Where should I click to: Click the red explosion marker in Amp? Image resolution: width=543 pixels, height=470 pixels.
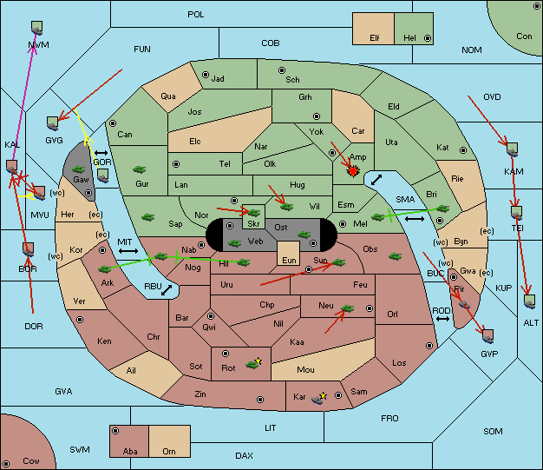pyautogui.click(x=353, y=171)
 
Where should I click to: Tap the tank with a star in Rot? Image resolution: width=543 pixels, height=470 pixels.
pyautogui.click(x=253, y=364)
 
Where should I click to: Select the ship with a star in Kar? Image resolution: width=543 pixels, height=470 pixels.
pyautogui.click(x=318, y=398)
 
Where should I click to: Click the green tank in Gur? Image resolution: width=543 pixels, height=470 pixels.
pyautogui.click(x=140, y=169)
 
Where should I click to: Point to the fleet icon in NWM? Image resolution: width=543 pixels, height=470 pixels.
pyautogui.click(x=37, y=28)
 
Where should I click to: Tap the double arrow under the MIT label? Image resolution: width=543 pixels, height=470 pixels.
pyautogui.click(x=128, y=251)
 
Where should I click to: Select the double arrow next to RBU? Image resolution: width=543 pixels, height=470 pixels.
pyautogui.click(x=167, y=290)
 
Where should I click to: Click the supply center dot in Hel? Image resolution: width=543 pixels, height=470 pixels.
pyautogui.click(x=428, y=38)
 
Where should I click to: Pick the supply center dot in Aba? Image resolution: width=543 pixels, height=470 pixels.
pyautogui.click(x=115, y=431)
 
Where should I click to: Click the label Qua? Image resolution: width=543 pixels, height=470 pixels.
pyautogui.click(x=168, y=96)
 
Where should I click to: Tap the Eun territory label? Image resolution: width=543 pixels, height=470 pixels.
pyautogui.click(x=289, y=260)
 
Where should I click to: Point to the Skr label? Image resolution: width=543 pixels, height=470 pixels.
pyautogui.click(x=253, y=224)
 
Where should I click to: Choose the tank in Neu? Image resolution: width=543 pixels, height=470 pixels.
pyautogui.click(x=347, y=308)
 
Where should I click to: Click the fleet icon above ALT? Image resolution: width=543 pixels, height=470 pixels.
pyautogui.click(x=529, y=301)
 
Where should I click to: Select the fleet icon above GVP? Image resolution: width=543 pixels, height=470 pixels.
pyautogui.click(x=488, y=336)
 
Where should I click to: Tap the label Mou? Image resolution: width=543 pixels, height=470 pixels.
pyautogui.click(x=305, y=370)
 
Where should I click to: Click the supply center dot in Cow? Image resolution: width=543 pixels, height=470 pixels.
pyautogui.click(x=6, y=464)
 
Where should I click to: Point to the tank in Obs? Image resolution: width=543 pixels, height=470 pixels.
pyautogui.click(x=396, y=256)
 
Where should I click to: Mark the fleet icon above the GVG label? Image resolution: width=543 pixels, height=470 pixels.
pyautogui.click(x=53, y=123)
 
